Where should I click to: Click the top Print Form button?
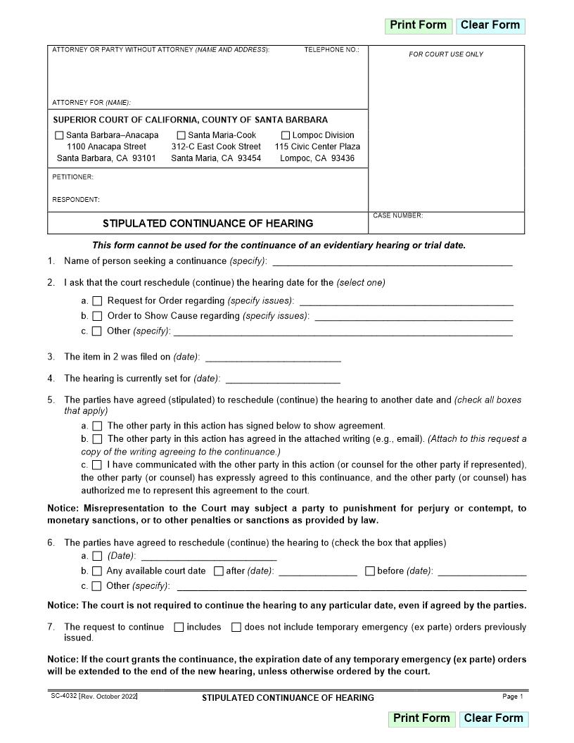pyautogui.click(x=418, y=25)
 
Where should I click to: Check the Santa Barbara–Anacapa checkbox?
pyautogui.click(x=59, y=135)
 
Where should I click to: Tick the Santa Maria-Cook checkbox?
pyautogui.click(x=181, y=135)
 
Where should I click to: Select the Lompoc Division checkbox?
pyautogui.click(x=286, y=135)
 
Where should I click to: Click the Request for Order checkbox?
pyautogui.click(x=97, y=301)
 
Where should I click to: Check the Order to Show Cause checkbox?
pyautogui.click(x=97, y=317)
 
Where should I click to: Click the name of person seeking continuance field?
pyautogui.click(x=392, y=261)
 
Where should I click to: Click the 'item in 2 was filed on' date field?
pyautogui.click(x=273, y=357)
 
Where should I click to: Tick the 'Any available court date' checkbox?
pyautogui.click(x=97, y=571)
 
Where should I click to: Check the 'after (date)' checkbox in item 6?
pyautogui.click(x=219, y=571)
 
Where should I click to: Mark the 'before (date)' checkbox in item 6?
pyautogui.click(x=370, y=571)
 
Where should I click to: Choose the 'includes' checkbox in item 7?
pyautogui.click(x=179, y=627)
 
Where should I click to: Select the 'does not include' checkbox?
pyautogui.click(x=236, y=627)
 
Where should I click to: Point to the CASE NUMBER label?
pyautogui.click(x=398, y=216)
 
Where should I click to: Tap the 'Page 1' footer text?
pyautogui.click(x=513, y=697)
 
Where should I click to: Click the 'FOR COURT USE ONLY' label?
pyautogui.click(x=446, y=54)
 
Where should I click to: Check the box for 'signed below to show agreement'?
pyautogui.click(x=97, y=426)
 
